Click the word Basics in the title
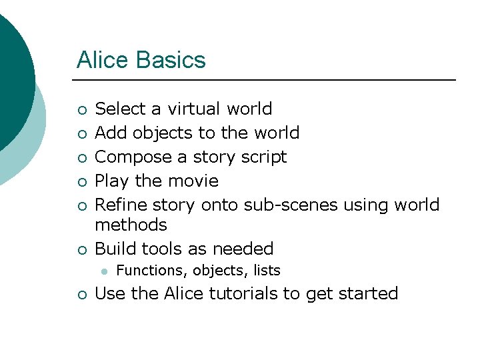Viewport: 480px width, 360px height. tap(171, 61)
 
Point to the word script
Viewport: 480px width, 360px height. tap(264, 157)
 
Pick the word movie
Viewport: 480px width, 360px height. tap(194, 181)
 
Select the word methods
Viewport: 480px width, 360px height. tap(131, 225)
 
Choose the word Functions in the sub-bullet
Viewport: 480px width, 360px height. tap(151, 271)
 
